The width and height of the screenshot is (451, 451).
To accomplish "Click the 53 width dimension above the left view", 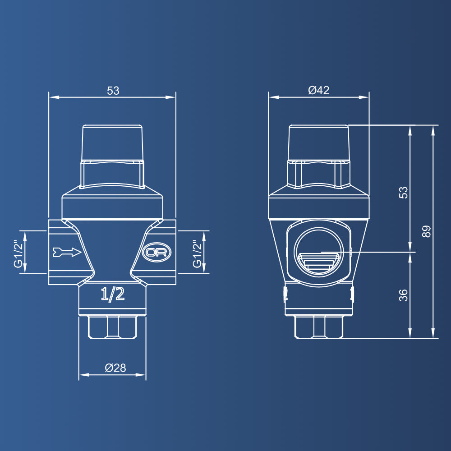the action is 113,91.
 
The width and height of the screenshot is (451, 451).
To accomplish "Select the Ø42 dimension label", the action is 319,90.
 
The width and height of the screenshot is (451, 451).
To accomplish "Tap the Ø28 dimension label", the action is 115,368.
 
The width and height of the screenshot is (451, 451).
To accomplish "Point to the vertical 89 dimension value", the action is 427,231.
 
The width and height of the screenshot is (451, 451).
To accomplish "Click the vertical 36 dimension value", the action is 404,295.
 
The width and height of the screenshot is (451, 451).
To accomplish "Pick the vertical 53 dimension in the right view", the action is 404,193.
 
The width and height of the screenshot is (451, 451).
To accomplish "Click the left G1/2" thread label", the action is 18,253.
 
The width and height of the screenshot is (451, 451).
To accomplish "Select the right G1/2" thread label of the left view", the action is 197,253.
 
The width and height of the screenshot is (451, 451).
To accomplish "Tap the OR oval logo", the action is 156,252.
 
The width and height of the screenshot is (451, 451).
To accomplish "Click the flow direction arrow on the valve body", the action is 67,252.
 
